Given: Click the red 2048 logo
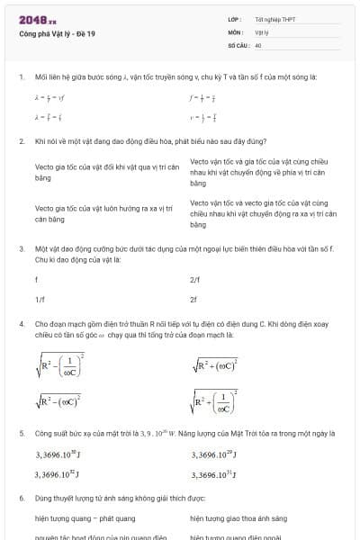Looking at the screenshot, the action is (37, 20).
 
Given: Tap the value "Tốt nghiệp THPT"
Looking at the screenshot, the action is (275, 19).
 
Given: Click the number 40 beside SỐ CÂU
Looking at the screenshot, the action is (258, 44).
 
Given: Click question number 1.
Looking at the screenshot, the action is (21, 77).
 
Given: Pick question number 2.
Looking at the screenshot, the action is (21, 141).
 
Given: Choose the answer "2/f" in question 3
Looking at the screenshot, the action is (195, 280).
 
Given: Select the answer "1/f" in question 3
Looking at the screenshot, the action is (40, 299).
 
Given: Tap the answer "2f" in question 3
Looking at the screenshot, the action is (193, 299).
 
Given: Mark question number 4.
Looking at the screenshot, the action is (21, 322).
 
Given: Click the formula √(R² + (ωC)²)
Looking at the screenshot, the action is (214, 364).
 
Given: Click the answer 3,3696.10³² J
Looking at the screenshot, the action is (58, 473).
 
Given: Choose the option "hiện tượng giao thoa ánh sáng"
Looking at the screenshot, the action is (238, 519).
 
